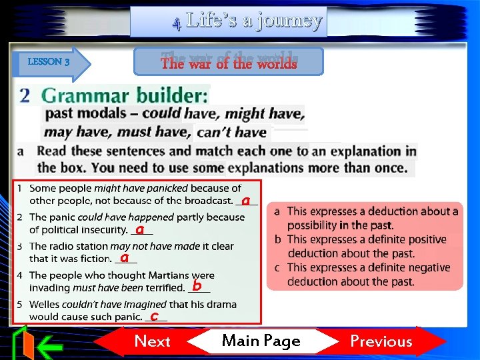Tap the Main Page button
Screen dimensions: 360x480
(261, 341)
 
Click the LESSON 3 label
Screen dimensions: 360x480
(49, 62)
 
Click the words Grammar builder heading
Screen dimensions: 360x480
(125, 95)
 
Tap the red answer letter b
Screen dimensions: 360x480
(197, 286)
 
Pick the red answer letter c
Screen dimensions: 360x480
(154, 315)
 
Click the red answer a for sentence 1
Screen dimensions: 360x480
(246, 200)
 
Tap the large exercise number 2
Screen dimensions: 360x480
(25, 95)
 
